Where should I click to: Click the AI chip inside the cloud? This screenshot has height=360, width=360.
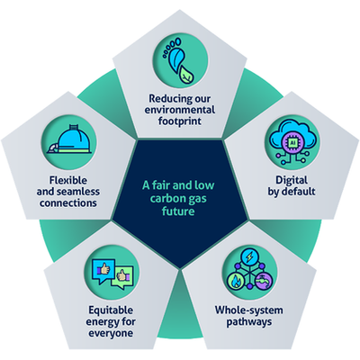pyautogui.click(x=292, y=142)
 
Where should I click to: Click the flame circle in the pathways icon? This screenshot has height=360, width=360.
pyautogui.click(x=236, y=282)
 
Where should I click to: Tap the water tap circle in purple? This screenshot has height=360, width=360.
pyautogui.click(x=265, y=282)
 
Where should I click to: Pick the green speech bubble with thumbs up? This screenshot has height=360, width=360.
pyautogui.click(x=122, y=277)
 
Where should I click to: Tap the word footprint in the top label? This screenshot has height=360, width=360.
pyautogui.click(x=180, y=121)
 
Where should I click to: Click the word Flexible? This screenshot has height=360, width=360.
pyautogui.click(x=68, y=180)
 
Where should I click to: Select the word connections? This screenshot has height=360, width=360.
pyautogui.click(x=68, y=203)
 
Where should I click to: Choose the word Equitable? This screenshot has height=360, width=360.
pyautogui.click(x=111, y=310)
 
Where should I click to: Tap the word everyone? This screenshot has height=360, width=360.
pyautogui.click(x=111, y=333)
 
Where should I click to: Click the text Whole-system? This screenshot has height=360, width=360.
pyautogui.click(x=249, y=310)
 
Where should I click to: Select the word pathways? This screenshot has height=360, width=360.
pyautogui.click(x=249, y=322)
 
